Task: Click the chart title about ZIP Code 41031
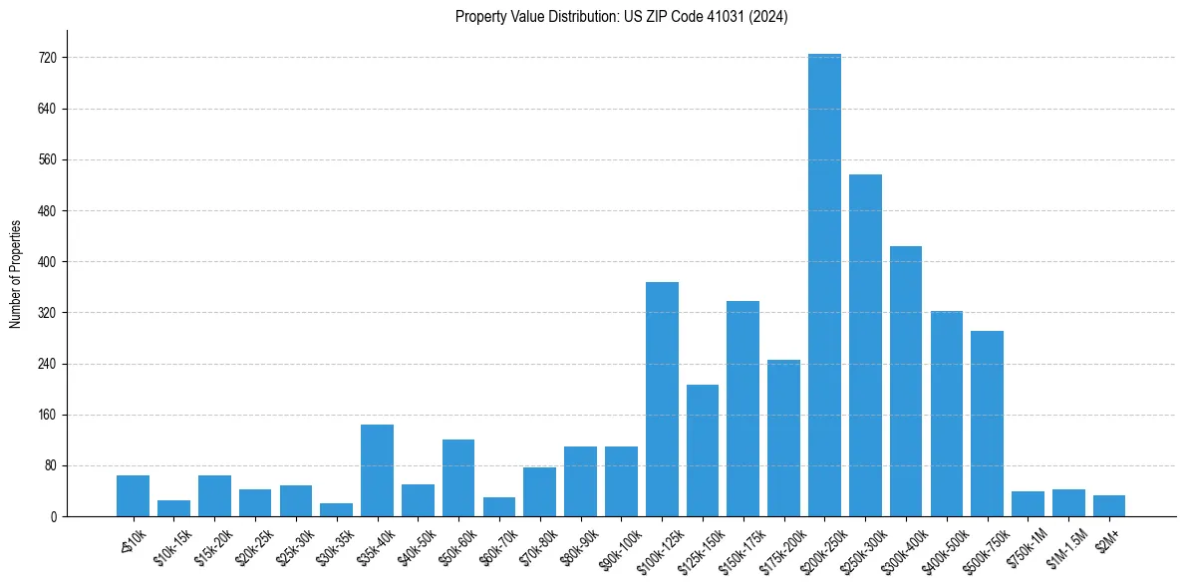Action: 621,17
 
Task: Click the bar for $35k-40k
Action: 377,470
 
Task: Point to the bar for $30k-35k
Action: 336,509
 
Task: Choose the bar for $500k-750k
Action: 987,424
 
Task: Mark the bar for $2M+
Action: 1109,505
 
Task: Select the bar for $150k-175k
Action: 742,409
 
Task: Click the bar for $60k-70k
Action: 498,506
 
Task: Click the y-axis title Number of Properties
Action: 15,274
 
